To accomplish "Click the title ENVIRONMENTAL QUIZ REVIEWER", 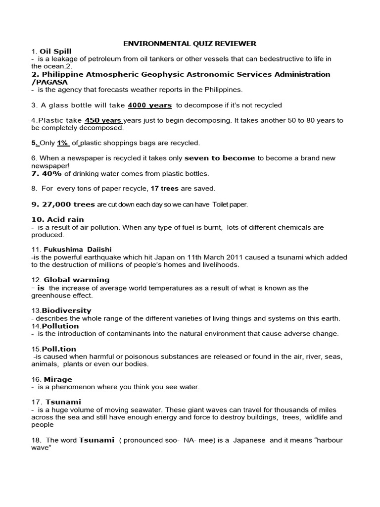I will coord(190,44).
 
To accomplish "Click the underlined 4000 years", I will coord(150,105).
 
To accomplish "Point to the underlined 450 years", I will coord(103,120).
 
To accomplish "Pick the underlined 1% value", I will coord(62,143).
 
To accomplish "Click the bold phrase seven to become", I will coord(220,158).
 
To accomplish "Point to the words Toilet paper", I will coord(230,204).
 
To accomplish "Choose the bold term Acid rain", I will coord(65,219).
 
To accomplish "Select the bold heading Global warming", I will coord(77,280).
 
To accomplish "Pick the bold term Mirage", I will coord(58,379).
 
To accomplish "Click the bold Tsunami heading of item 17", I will coord(63,402).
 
